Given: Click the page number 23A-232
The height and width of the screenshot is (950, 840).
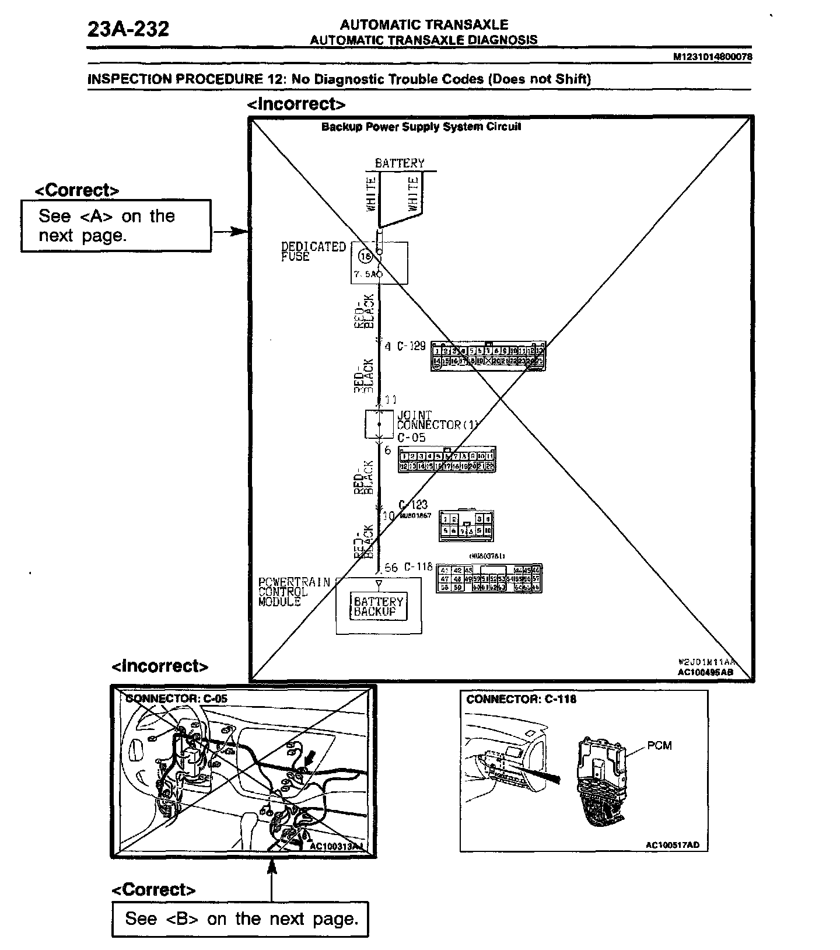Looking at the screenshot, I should (x=128, y=29).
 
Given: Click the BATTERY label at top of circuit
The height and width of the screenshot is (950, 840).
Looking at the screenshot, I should (x=400, y=163).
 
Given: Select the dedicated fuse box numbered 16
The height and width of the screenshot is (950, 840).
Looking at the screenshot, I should (x=379, y=263).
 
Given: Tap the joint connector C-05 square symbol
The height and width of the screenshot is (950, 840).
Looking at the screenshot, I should (x=379, y=424).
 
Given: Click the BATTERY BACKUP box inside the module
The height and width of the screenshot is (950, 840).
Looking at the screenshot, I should (x=379, y=606).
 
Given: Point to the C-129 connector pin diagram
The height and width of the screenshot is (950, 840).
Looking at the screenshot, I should (x=488, y=356).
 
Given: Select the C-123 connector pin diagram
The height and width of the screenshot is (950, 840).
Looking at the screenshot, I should (x=466, y=525).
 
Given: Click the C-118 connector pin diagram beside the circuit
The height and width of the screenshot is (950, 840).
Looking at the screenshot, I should (x=489, y=578).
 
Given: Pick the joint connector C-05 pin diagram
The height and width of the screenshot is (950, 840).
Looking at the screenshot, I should (x=447, y=460).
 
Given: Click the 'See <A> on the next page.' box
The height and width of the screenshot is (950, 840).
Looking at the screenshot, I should (x=116, y=226).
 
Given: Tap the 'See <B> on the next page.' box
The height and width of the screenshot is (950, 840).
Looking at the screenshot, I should (x=240, y=919).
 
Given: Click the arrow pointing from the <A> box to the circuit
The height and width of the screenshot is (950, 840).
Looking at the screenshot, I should (x=230, y=232).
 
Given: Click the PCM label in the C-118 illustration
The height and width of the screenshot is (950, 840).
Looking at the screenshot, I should (x=659, y=745).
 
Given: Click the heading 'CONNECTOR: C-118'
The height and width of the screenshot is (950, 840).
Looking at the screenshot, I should (x=521, y=699).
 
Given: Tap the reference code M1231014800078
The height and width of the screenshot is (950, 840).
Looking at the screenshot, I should (x=712, y=57).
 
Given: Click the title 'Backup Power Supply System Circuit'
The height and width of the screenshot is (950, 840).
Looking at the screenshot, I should (x=421, y=127).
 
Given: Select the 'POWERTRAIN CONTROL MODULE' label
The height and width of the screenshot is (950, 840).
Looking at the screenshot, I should (x=294, y=592).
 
